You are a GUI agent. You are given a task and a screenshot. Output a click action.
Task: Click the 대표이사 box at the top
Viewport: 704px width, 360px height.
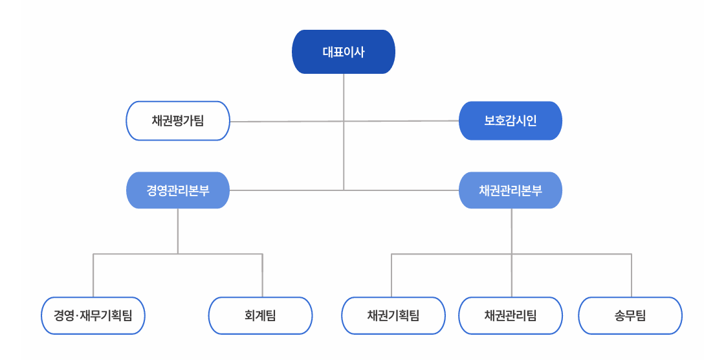[x=344, y=52]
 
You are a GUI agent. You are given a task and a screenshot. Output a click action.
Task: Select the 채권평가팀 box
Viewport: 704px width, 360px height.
[x=178, y=120]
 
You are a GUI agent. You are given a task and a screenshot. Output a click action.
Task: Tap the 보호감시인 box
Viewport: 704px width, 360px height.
[x=511, y=120]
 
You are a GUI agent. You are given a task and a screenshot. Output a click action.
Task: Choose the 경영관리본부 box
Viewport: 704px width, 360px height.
[x=178, y=190]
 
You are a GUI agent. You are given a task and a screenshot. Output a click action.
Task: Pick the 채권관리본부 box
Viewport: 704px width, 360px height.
[x=511, y=190]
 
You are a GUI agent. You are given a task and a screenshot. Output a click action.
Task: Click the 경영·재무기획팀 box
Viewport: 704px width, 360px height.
[x=93, y=316]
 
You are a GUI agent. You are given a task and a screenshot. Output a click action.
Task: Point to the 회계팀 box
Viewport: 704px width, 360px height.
[x=260, y=316]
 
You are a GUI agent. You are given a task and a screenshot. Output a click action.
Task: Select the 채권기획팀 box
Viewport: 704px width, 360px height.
[x=393, y=316]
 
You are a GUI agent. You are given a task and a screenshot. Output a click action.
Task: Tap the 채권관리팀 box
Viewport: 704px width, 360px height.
[x=511, y=316]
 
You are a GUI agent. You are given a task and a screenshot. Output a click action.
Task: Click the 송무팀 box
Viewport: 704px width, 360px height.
[x=630, y=316]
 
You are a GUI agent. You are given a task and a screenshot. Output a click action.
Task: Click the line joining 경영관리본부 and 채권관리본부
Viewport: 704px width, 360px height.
[x=285, y=190]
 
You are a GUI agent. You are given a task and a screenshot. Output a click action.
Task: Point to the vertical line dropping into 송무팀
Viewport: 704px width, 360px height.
[x=631, y=275]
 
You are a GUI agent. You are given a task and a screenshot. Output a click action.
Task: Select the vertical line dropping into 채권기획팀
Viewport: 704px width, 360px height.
[x=391, y=275]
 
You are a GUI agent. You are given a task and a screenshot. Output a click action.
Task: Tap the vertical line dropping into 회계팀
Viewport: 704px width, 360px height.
[x=263, y=275]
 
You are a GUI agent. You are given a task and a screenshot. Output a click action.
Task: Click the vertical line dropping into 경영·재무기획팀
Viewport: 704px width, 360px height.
[x=93, y=275]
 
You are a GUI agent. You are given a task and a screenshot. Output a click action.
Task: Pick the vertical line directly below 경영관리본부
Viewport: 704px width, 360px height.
[x=178, y=231]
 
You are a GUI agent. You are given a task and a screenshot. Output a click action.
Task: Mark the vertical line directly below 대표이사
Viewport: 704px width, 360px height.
[x=344, y=97]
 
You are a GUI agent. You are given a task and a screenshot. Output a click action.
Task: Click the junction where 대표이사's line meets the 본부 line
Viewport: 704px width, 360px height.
[x=344, y=190]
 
